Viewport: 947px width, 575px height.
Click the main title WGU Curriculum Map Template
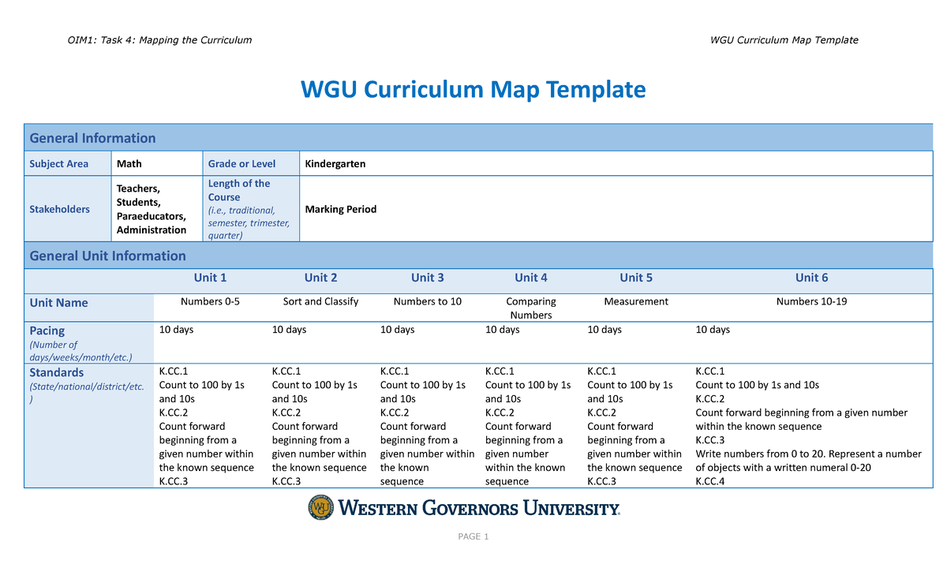point(473,90)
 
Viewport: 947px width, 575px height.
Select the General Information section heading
point(92,138)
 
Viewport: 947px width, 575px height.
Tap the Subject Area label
point(58,164)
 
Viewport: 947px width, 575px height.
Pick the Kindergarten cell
point(335,164)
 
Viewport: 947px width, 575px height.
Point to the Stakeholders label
point(59,210)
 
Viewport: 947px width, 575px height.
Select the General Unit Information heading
point(107,256)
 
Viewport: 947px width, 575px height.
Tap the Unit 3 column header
point(427,278)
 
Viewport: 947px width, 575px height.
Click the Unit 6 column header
point(811,278)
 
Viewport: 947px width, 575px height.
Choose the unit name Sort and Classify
point(320,301)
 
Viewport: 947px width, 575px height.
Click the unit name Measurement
point(635,301)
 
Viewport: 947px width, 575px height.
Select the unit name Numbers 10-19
point(811,301)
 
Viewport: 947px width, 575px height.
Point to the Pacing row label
point(47,330)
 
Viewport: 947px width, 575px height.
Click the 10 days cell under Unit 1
point(176,330)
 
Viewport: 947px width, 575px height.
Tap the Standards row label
point(56,372)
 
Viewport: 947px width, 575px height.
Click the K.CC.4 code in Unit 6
point(709,481)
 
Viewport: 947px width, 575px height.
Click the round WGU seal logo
point(321,508)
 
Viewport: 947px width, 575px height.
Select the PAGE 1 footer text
point(473,537)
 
